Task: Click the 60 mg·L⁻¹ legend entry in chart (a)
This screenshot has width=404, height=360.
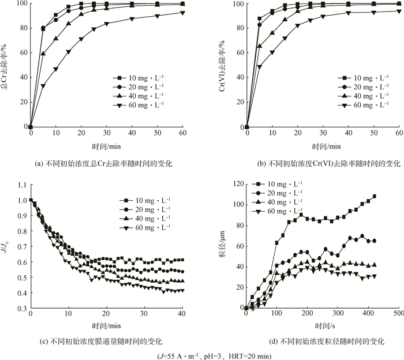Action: pyautogui.click(x=142, y=105)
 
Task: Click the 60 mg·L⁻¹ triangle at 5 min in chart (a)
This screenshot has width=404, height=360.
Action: pyautogui.click(x=43, y=86)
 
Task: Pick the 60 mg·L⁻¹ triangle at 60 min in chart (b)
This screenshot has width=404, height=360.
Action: pyautogui.click(x=399, y=11)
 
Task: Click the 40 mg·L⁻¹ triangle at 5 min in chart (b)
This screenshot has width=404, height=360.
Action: pyautogui.click(x=259, y=46)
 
